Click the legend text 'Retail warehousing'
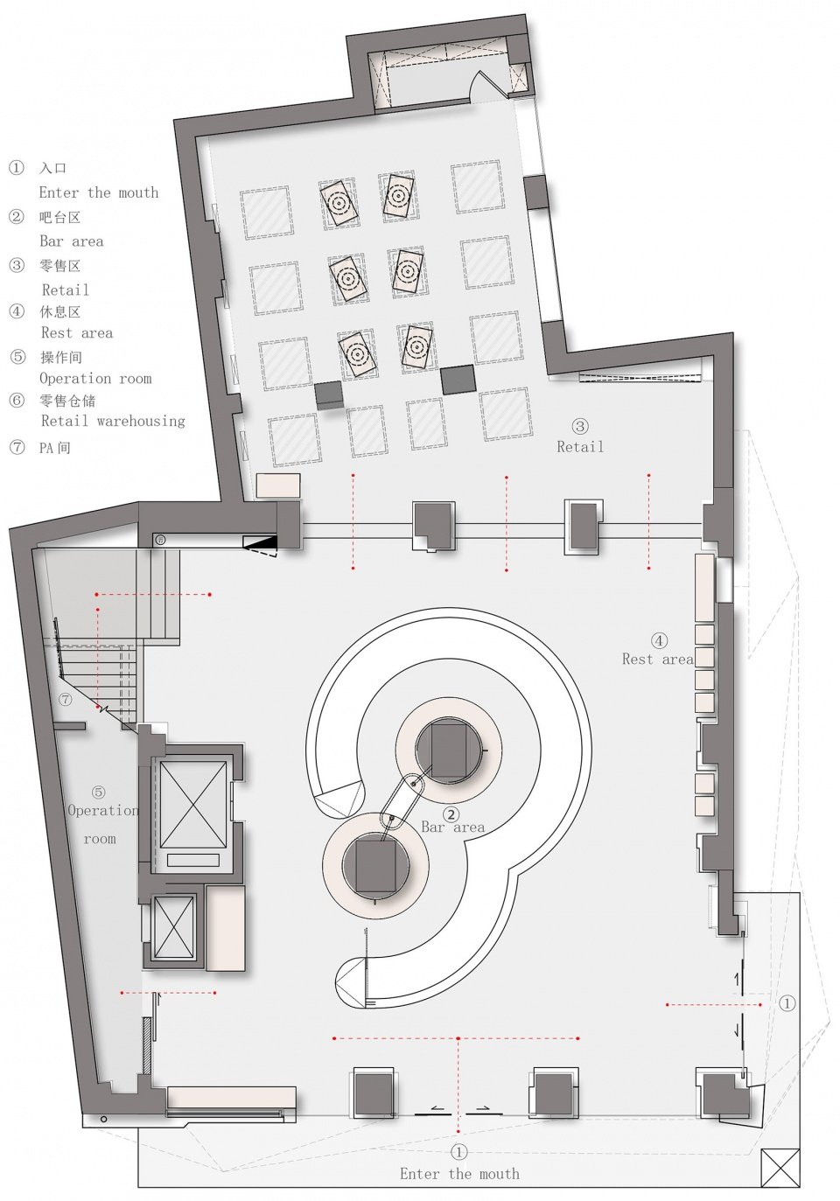[x=113, y=421]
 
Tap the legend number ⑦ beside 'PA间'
[x=17, y=447]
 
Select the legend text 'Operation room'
[x=95, y=379]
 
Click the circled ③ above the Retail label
[x=580, y=427]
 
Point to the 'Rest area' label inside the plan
[x=658, y=659]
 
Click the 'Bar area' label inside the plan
[x=452, y=827]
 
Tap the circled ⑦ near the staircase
[x=66, y=699]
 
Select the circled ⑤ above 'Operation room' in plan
[x=99, y=792]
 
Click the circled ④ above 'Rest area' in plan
[x=659, y=640]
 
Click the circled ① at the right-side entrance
[x=787, y=1003]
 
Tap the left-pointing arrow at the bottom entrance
[x=437, y=1108]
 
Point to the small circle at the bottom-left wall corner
[x=103, y=1120]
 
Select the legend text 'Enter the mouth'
[x=99, y=192]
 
